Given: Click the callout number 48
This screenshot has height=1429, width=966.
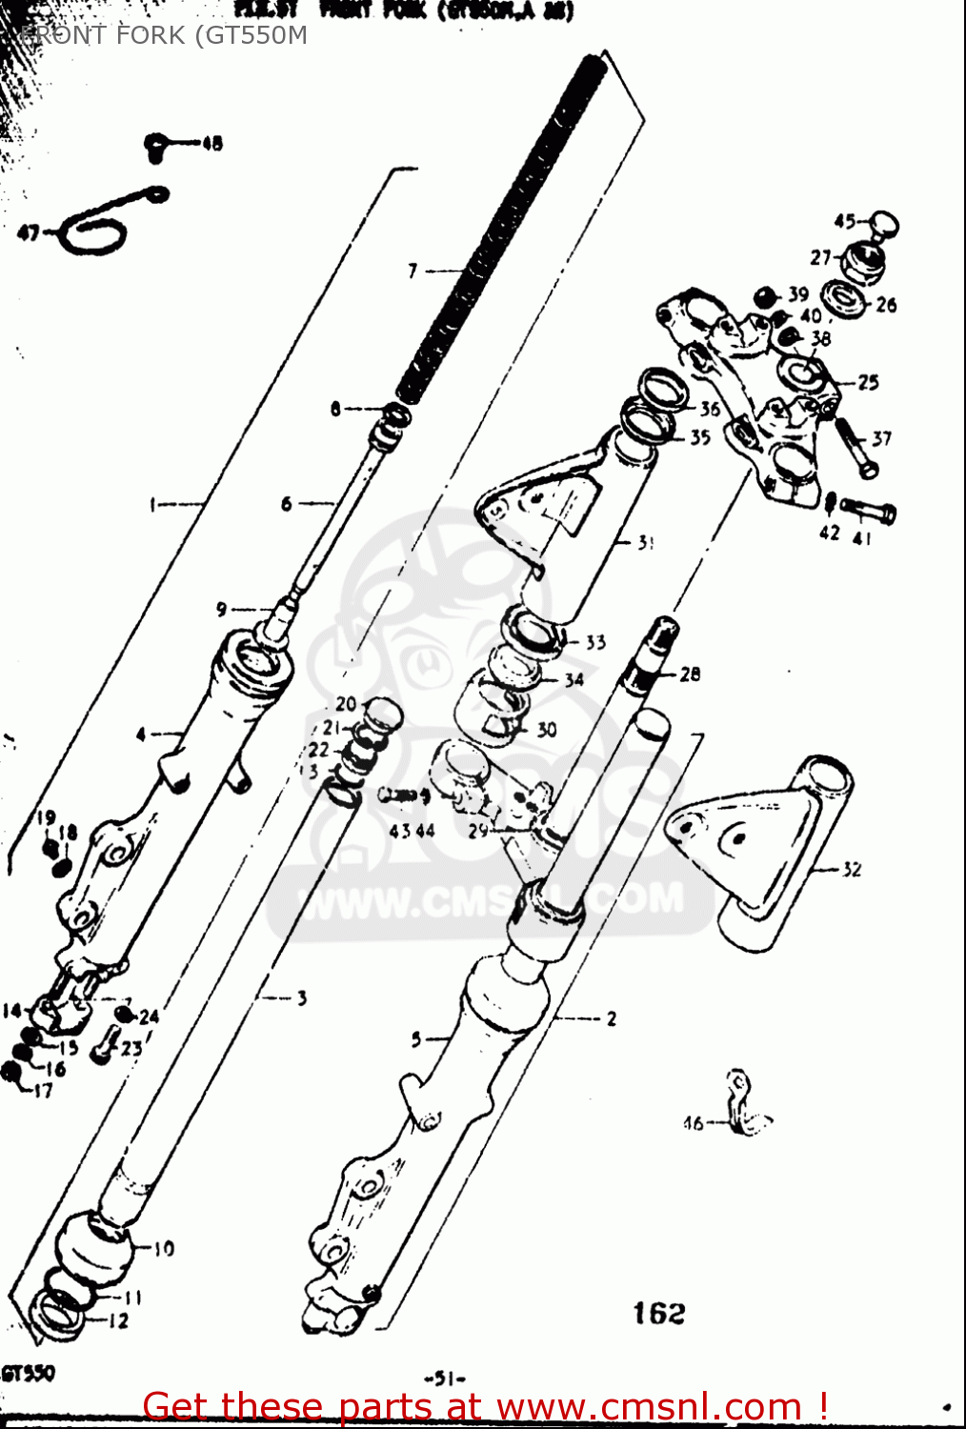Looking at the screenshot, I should [x=211, y=144].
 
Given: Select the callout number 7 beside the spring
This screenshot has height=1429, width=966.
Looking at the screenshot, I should [x=413, y=272].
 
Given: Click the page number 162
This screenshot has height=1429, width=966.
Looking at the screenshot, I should [x=659, y=1314].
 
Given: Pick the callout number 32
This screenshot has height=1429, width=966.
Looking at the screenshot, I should [x=851, y=869].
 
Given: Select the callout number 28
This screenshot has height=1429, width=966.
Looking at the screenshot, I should [x=690, y=674].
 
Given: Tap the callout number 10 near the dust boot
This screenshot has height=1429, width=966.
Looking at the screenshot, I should [x=164, y=1248].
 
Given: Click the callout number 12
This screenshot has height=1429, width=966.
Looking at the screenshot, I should [x=118, y=1320].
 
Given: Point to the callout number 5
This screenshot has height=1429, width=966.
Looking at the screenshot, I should [x=416, y=1039].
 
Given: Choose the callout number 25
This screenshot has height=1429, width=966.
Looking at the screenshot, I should [x=868, y=382].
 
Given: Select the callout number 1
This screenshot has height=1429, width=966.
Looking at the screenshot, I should [x=153, y=504].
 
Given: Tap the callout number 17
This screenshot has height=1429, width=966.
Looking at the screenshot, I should [x=44, y=1091].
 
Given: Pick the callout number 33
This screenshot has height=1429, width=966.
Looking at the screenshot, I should [x=595, y=642].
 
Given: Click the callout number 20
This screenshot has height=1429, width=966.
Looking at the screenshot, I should [x=345, y=704].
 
